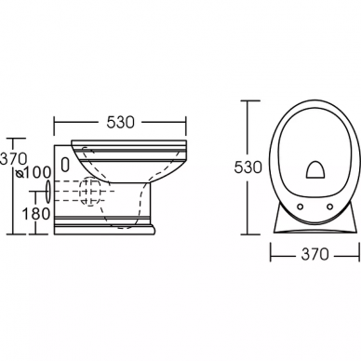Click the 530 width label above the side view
pos(121,122)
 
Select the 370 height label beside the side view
pos(13,159)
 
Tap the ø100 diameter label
pos(33,173)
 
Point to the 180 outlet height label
pos(36,214)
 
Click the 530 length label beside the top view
pos(247,167)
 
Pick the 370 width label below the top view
pos(314,255)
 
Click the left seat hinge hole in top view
pos(300,206)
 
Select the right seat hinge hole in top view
pos(330,206)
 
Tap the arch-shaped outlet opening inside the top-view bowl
pos(315,170)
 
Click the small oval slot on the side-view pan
pos(65,165)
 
